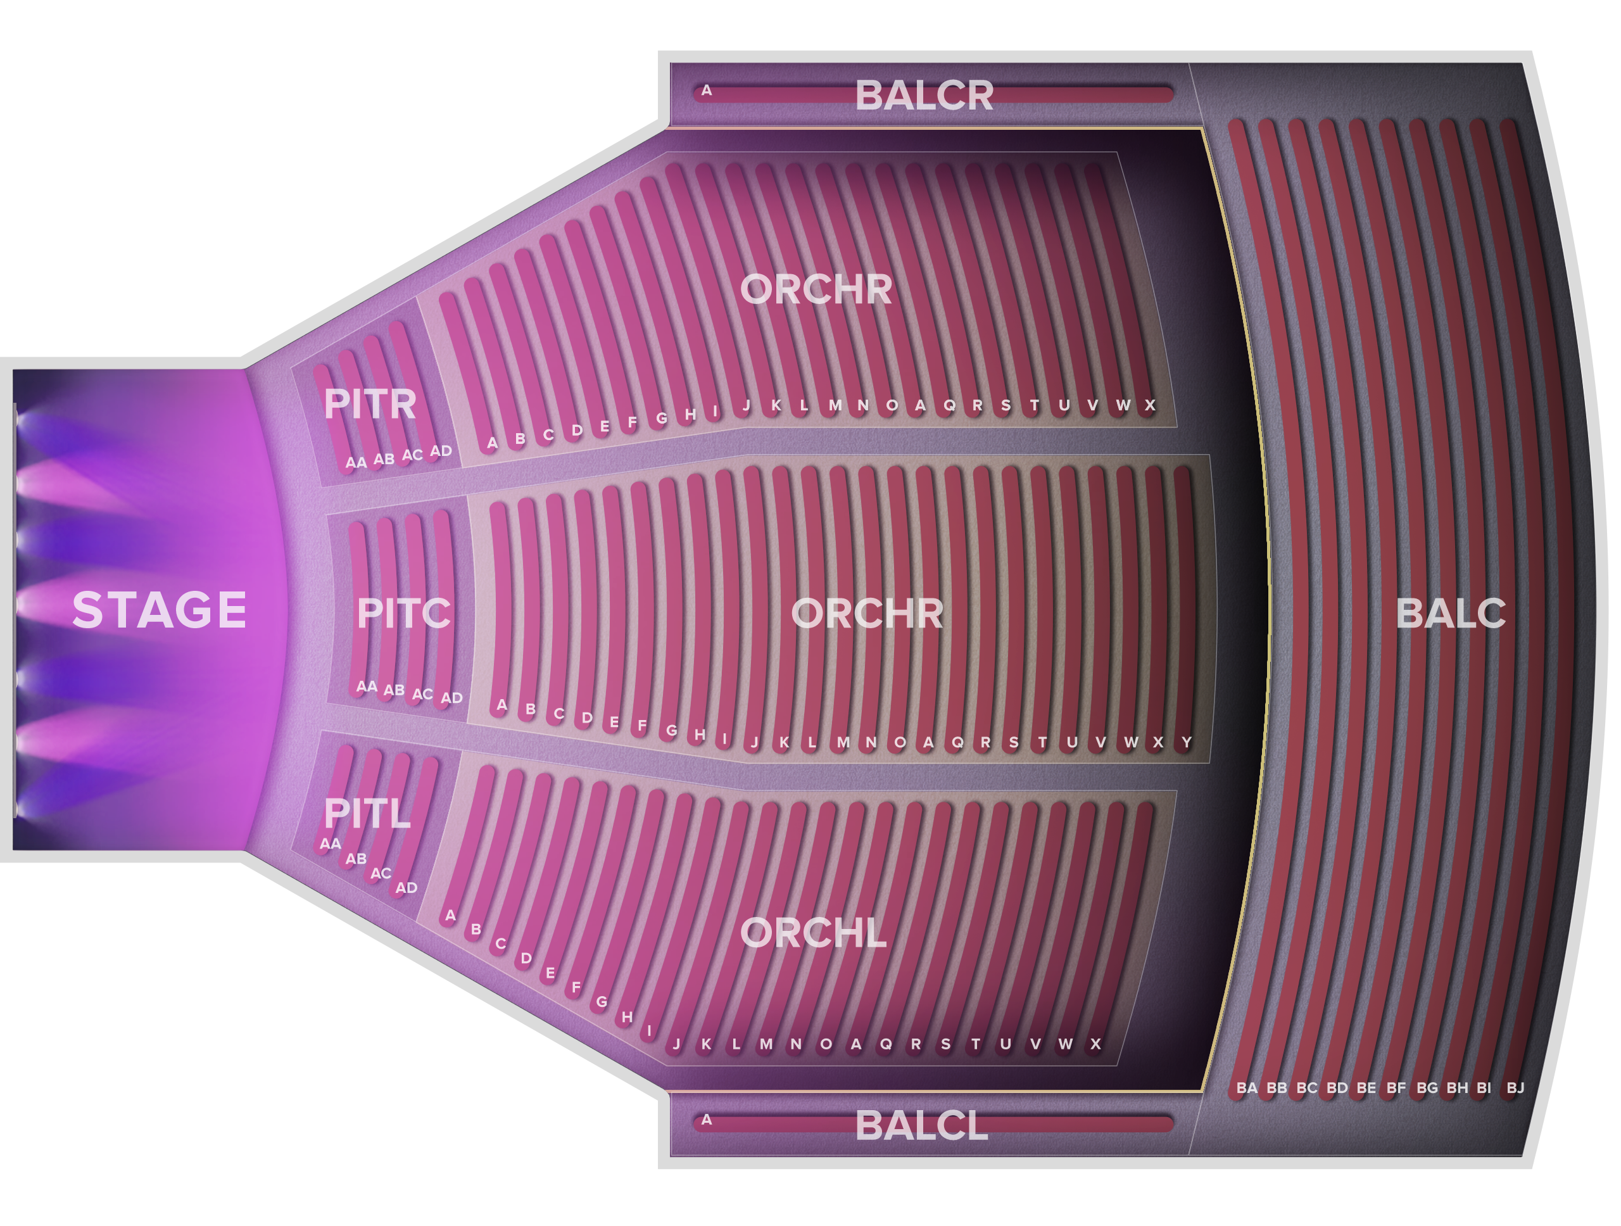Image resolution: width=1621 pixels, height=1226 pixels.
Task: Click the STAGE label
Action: coord(159,610)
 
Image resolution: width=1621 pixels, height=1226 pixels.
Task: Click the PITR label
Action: coord(370,404)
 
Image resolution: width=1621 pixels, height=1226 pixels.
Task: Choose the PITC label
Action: coord(404,614)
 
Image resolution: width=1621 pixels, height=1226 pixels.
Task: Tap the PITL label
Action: coord(367,813)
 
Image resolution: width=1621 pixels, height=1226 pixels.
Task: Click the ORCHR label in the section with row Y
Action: coord(867,614)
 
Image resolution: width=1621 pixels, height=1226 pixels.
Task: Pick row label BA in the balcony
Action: coord(1247,1087)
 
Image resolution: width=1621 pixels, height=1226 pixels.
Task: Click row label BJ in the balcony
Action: coord(1515,1087)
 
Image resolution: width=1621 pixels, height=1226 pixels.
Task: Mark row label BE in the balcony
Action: coord(1366,1087)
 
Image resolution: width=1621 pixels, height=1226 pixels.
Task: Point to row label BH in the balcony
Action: coord(1457,1087)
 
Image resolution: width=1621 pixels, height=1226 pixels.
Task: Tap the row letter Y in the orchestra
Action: coord(1187,742)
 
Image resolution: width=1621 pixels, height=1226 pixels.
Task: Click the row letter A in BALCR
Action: coord(707,91)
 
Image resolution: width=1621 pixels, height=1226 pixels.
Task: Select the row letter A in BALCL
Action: coord(707,1119)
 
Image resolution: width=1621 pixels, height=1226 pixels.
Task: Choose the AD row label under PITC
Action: coord(451,698)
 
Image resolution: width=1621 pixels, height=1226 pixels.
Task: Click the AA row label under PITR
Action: coord(356,462)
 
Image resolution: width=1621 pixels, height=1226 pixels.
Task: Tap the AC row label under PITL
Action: coord(381,873)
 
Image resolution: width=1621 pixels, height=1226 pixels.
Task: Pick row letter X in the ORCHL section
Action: coord(1095,1044)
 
